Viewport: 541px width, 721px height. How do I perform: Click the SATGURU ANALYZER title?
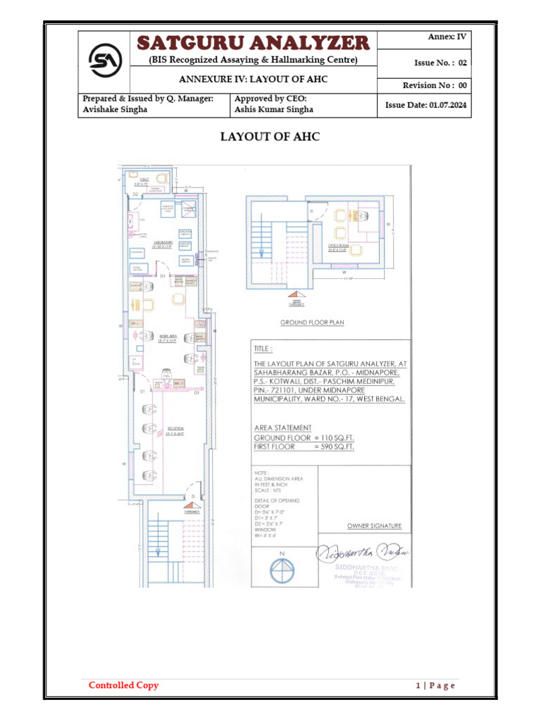(x=253, y=42)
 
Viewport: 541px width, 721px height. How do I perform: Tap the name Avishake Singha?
(x=116, y=110)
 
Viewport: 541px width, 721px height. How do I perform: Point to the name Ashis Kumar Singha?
(x=274, y=110)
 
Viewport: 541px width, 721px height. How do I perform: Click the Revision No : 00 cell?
(x=435, y=85)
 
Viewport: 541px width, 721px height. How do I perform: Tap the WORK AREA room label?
(x=168, y=336)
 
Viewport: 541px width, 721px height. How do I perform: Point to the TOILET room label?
(x=144, y=180)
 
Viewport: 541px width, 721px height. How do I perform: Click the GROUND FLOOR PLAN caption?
(x=312, y=322)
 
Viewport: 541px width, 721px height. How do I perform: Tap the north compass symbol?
(x=282, y=570)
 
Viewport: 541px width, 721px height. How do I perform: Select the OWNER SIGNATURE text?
(x=374, y=526)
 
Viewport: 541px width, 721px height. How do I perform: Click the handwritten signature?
(x=363, y=553)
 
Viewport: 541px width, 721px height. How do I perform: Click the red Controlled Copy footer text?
(x=123, y=685)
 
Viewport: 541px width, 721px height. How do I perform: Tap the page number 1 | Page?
(x=435, y=686)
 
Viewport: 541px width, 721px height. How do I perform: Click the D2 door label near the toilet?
(x=135, y=193)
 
